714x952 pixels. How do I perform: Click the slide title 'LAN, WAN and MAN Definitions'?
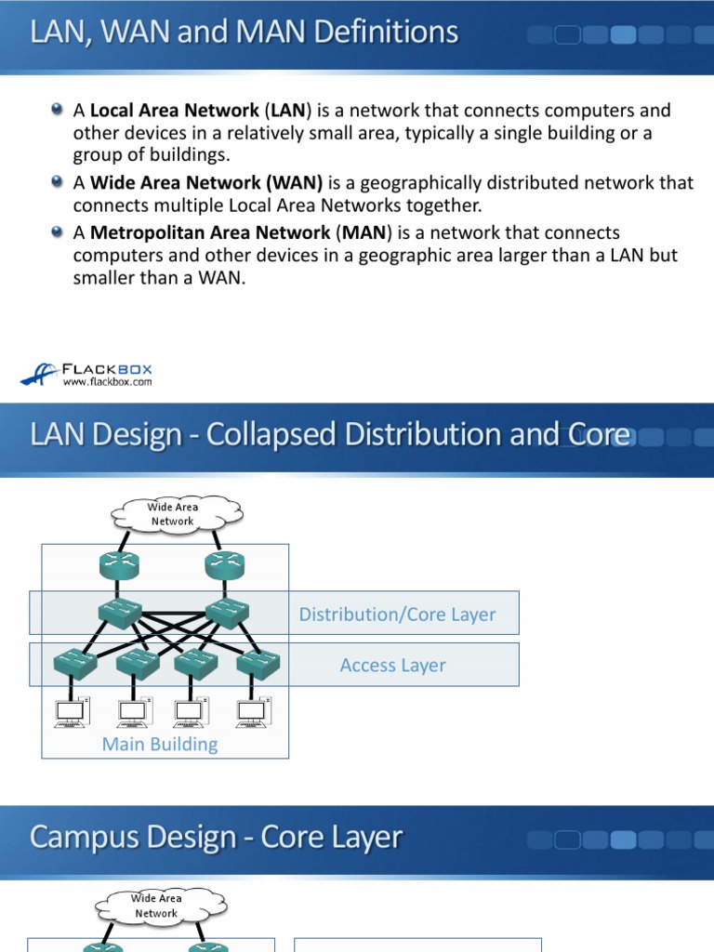[245, 33]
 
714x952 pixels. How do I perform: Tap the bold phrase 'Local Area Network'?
[174, 111]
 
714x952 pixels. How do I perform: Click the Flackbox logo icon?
[39, 373]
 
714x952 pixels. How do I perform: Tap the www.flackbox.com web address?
[107, 381]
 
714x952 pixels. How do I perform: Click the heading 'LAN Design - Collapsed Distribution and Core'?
[330, 434]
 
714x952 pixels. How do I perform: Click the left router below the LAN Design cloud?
[120, 564]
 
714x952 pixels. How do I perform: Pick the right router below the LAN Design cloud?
[224, 564]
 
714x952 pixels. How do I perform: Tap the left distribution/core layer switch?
[120, 613]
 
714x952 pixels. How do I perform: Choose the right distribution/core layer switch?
[224, 613]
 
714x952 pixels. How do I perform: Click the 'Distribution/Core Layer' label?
[397, 615]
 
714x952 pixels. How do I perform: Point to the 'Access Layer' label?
[392, 666]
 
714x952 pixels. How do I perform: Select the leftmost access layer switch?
[73, 663]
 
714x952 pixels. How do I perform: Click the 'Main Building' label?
[160, 745]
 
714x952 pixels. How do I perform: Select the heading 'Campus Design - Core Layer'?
[216, 837]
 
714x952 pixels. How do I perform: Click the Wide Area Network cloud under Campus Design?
[155, 906]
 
